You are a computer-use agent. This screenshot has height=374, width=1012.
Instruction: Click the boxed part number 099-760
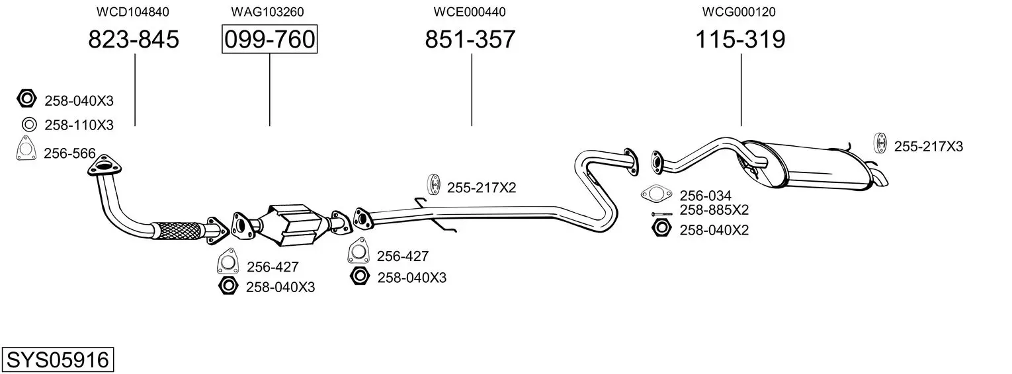(x=269, y=40)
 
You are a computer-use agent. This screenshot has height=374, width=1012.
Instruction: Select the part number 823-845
(x=134, y=40)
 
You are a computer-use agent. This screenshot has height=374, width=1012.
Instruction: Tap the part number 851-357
(x=470, y=40)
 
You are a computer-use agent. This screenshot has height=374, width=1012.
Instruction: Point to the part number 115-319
(x=740, y=40)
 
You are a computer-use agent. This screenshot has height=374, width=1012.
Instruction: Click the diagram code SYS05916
(x=57, y=360)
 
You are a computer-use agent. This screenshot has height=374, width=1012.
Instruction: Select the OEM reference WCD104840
(x=133, y=12)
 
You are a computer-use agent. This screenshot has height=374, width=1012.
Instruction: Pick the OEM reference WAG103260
(x=267, y=12)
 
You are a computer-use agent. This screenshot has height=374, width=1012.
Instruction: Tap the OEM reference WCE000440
(x=470, y=12)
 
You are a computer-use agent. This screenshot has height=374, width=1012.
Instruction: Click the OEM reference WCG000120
(x=740, y=12)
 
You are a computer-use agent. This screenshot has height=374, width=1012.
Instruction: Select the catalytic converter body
(x=291, y=221)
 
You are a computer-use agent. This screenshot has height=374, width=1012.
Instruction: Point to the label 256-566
(x=69, y=153)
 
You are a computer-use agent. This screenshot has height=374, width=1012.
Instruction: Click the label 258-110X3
(x=79, y=125)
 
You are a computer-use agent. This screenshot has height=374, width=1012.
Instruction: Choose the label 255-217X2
(x=482, y=188)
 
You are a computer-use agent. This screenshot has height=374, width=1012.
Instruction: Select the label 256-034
(x=706, y=196)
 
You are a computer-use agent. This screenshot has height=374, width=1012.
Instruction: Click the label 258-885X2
(x=714, y=210)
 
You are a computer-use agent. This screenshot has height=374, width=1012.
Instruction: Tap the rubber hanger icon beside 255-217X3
(x=881, y=142)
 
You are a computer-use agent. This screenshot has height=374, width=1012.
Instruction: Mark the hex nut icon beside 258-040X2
(x=660, y=229)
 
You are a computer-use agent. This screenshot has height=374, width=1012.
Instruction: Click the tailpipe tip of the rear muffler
(x=881, y=178)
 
